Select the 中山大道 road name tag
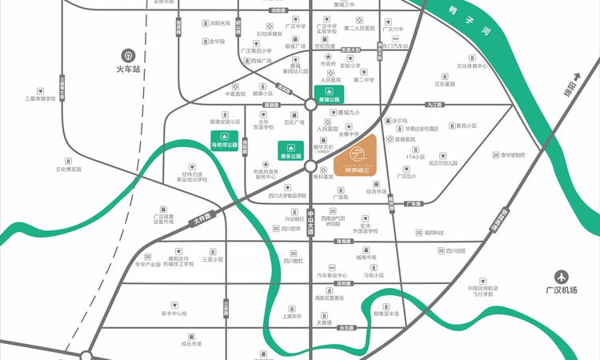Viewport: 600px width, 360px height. (x=310, y=222)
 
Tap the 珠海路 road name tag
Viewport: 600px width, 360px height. (x=344, y=242)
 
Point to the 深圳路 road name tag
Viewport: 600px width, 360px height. (x=343, y=283)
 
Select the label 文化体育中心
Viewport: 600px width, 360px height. (x=472, y=66)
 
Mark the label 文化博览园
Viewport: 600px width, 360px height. (x=70, y=170)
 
